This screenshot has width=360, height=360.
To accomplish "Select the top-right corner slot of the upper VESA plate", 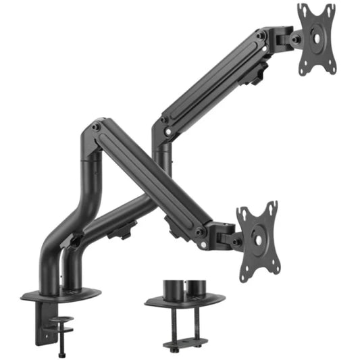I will (330, 8).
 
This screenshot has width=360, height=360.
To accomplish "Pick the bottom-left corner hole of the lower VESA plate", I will (246, 271).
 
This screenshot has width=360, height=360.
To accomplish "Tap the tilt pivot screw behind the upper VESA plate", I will (294, 38).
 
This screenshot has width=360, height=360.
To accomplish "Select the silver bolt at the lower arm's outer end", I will (200, 232).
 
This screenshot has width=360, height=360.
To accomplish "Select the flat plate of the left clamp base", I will (61, 295).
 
